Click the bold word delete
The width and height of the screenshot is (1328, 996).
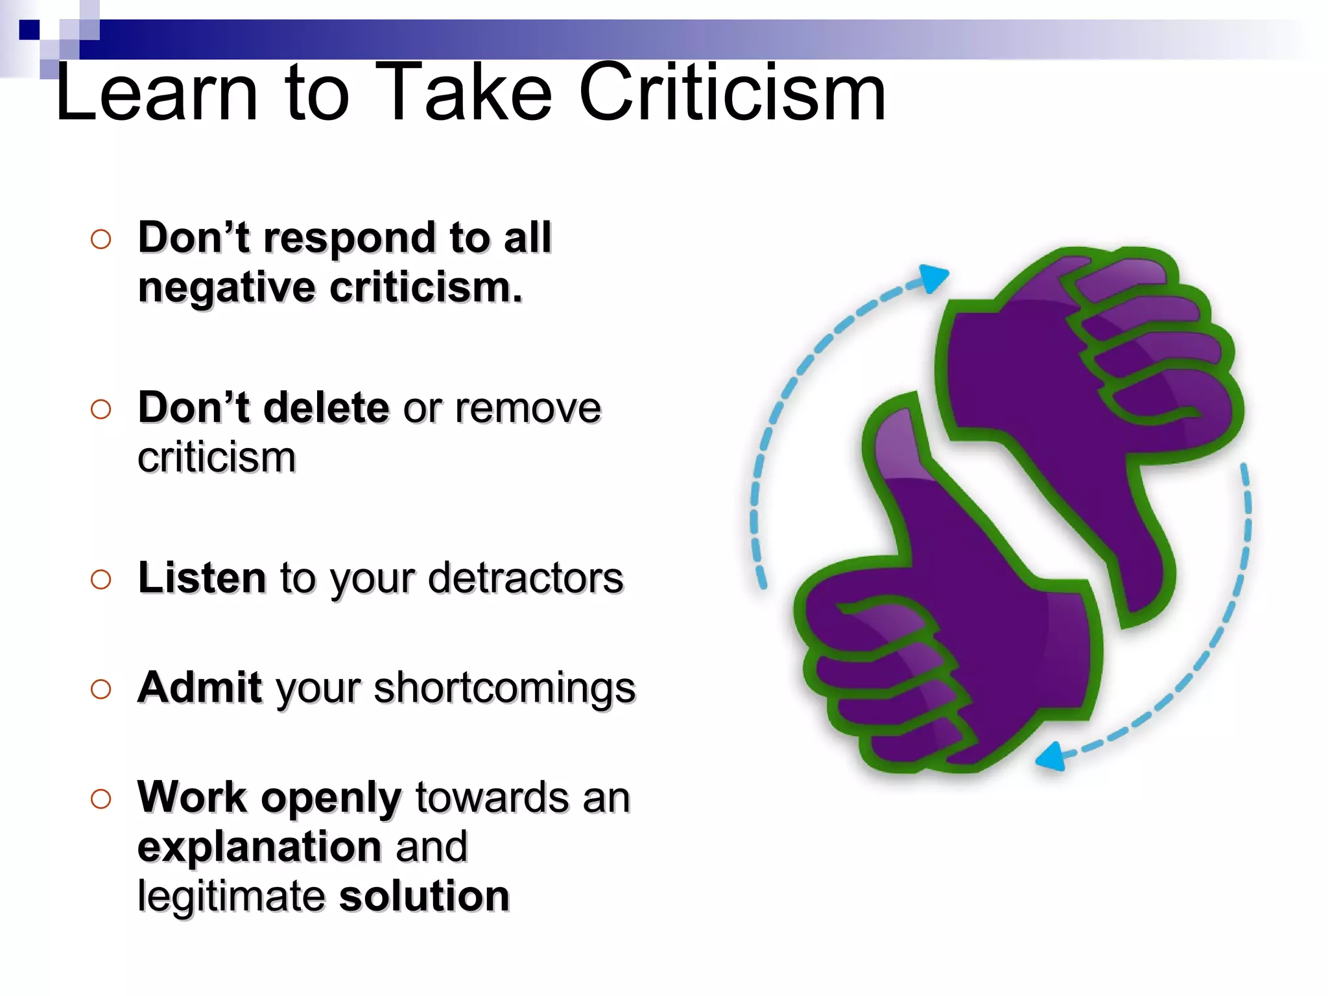coord(327,408)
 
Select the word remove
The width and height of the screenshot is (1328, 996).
coord(528,409)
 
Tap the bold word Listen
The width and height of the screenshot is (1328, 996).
coord(202,578)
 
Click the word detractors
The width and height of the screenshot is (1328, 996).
coord(525,578)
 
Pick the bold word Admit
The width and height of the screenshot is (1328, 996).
coord(200,687)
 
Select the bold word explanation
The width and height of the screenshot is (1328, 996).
coord(259,848)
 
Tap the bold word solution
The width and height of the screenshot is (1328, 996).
coord(425,897)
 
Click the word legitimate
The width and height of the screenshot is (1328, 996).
coord(231,897)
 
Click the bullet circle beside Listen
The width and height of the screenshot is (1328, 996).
coord(101,579)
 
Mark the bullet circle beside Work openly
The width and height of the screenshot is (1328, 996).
coord(101,798)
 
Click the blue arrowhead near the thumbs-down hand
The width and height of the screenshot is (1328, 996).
coord(934,278)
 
